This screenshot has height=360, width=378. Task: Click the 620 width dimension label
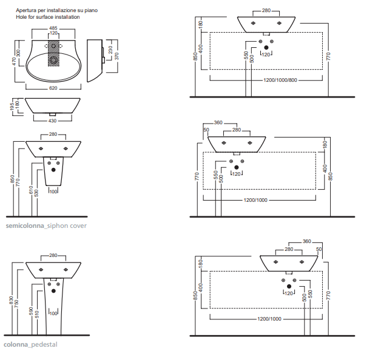pyautogui.click(x=53, y=88)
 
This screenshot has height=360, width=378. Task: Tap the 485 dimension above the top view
pyautogui.click(x=53, y=28)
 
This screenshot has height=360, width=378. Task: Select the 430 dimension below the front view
pyautogui.click(x=52, y=121)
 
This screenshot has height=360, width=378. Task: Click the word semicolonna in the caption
pyautogui.click(x=25, y=225)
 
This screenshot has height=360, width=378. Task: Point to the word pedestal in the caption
pyautogui.click(x=44, y=345)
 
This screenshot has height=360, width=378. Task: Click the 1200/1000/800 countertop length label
pyautogui.click(x=280, y=80)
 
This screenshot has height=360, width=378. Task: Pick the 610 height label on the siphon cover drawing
pyautogui.click(x=31, y=190)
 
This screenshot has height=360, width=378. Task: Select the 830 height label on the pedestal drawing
pyautogui.click(x=12, y=300)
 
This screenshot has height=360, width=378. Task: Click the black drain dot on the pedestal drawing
pyautogui.click(x=53, y=291)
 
